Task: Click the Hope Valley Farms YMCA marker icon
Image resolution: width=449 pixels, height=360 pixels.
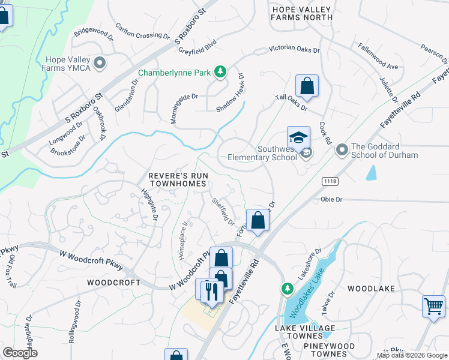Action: (100, 62)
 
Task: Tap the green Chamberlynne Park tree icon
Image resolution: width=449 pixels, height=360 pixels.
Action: (220, 73)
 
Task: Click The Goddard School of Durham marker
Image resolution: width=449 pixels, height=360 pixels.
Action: (342, 148)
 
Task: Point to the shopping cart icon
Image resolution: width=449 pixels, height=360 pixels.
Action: (433, 307)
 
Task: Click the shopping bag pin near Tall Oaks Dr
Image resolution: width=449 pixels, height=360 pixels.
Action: (307, 87)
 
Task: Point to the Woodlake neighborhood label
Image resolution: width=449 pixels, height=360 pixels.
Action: (371, 289)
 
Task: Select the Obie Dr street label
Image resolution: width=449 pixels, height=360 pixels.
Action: (331, 199)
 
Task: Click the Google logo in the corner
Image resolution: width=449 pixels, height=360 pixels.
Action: (20, 353)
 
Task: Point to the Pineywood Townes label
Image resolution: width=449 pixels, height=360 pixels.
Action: (329, 346)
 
